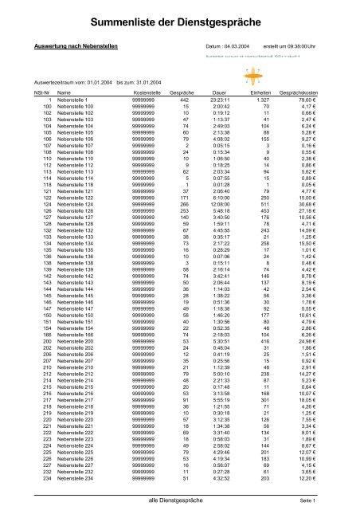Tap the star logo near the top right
point(305,78)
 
